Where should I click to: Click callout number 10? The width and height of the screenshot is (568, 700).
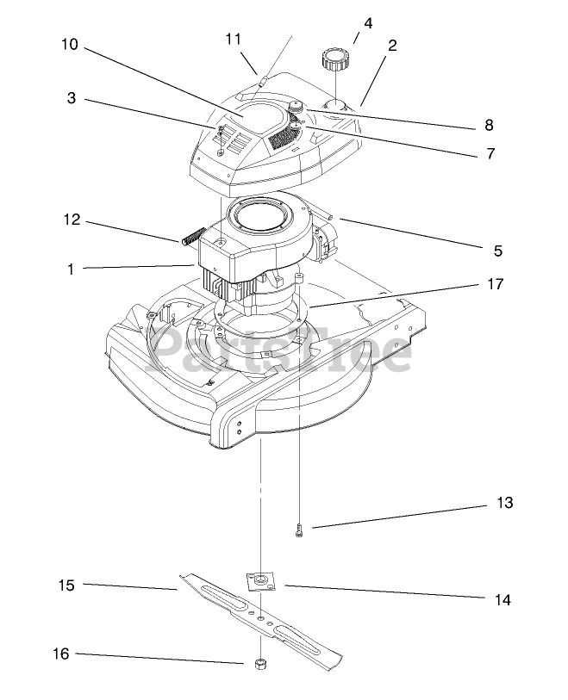(70, 45)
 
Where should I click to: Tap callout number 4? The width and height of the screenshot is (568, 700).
(368, 23)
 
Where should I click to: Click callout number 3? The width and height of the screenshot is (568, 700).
(72, 99)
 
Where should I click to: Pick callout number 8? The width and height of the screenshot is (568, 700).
(489, 126)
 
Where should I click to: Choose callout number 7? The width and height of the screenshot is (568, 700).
(489, 154)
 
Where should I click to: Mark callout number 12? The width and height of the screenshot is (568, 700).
(72, 220)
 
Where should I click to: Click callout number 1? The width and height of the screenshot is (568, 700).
(72, 269)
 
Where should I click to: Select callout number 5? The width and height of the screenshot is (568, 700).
(497, 251)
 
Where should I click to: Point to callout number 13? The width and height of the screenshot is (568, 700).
(504, 503)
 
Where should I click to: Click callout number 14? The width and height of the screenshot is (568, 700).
(502, 600)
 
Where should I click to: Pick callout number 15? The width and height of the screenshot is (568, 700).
(66, 585)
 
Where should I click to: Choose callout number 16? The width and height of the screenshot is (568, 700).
(59, 654)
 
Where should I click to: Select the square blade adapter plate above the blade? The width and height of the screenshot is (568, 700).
(259, 580)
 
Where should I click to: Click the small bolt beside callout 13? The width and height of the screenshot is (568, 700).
(298, 531)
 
